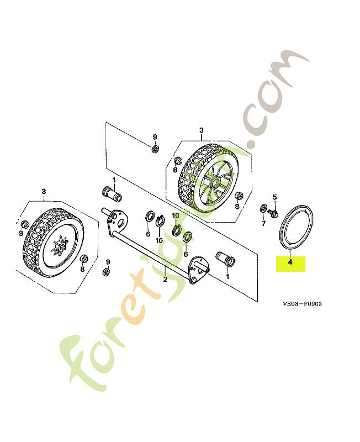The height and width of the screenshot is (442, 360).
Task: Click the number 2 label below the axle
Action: [x=165, y=280]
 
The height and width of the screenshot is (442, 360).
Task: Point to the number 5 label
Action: [x=274, y=197]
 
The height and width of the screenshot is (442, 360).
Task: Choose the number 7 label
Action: [x=263, y=224]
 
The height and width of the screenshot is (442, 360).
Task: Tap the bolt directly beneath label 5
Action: [x=273, y=211]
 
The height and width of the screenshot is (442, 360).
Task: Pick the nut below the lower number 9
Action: [x=107, y=272]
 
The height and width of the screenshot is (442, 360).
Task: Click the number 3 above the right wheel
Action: [x=201, y=130]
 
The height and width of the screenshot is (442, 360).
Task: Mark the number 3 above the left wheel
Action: [x=44, y=192]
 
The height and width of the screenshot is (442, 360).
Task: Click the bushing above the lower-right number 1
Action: [x=225, y=258]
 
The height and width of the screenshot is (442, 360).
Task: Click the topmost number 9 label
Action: [x=155, y=136]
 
